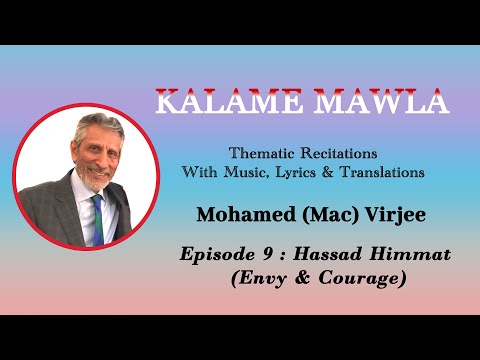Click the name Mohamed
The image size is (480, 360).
(x=255, y=213)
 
